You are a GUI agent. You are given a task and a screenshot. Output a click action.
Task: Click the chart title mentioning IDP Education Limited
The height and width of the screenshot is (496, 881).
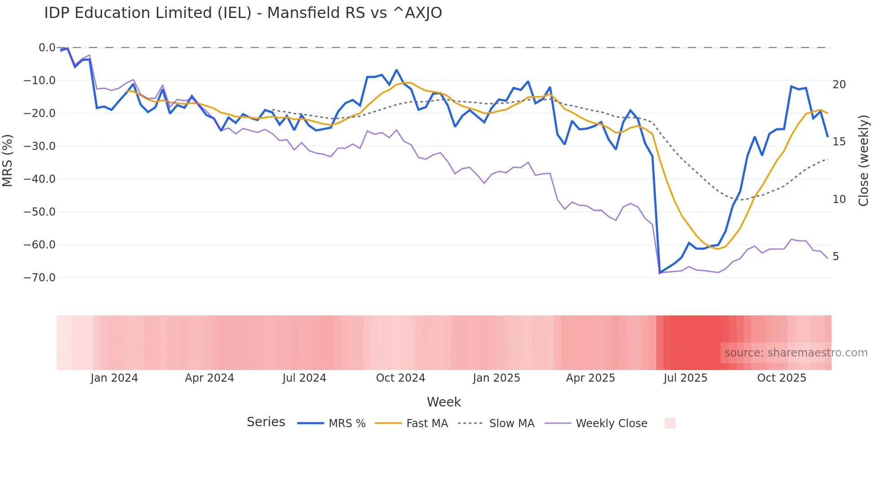click(x=243, y=13)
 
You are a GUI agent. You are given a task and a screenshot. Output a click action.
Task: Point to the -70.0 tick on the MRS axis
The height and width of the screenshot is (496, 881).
click(x=40, y=278)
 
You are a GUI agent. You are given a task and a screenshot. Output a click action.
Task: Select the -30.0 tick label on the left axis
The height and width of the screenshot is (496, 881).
click(x=40, y=146)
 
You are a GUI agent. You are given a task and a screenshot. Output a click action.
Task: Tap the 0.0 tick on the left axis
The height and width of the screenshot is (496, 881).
click(x=47, y=48)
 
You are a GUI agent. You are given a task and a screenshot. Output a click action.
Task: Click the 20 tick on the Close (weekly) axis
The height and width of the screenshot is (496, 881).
click(x=839, y=85)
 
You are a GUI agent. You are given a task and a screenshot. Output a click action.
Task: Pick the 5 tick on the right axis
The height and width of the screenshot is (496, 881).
click(x=836, y=257)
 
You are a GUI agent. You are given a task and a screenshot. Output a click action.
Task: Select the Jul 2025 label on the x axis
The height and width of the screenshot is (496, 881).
click(x=685, y=378)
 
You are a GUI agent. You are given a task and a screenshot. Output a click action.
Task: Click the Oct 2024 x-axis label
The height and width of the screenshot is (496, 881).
click(x=400, y=378)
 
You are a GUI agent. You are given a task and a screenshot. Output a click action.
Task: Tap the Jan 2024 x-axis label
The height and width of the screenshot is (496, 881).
click(x=114, y=378)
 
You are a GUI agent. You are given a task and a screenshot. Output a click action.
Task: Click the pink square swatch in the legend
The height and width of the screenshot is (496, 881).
click(x=670, y=423)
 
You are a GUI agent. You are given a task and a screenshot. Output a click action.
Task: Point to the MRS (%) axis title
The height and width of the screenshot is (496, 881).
click(x=8, y=160)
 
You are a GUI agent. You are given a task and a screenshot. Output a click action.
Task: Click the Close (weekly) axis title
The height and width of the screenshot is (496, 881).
click(x=863, y=161)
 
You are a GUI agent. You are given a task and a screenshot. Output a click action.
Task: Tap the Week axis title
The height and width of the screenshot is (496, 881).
click(x=444, y=402)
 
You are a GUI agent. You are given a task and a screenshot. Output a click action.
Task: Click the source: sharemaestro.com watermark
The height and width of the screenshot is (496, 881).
click(x=796, y=353)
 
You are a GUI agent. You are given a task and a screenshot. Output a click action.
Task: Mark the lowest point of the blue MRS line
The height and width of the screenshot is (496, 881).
click(x=660, y=273)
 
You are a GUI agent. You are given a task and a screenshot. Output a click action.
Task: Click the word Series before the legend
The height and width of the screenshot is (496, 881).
click(x=266, y=422)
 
